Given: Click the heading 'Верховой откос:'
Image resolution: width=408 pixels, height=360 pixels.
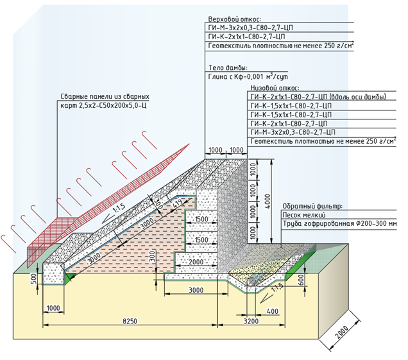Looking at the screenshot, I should coord(230,20).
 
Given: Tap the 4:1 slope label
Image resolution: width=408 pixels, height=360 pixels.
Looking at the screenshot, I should coord(176,205).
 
